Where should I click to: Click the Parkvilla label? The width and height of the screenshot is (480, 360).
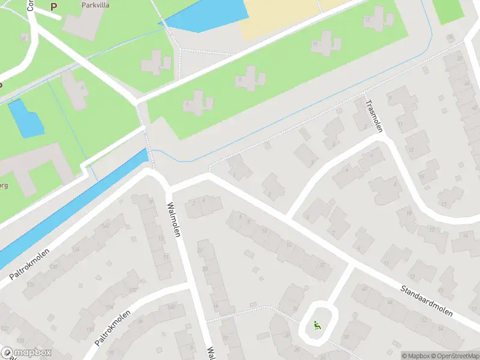[96, 4]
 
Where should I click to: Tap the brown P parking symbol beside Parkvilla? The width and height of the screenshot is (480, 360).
[53, 7]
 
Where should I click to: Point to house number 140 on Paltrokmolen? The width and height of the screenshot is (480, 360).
[106, 226]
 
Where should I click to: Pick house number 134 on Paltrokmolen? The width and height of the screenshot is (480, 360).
[76, 249]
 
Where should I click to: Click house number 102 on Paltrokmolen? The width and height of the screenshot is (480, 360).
[132, 290]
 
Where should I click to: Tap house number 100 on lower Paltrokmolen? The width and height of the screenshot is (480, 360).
[172, 307]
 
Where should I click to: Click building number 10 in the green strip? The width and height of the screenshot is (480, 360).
[314, 44]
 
